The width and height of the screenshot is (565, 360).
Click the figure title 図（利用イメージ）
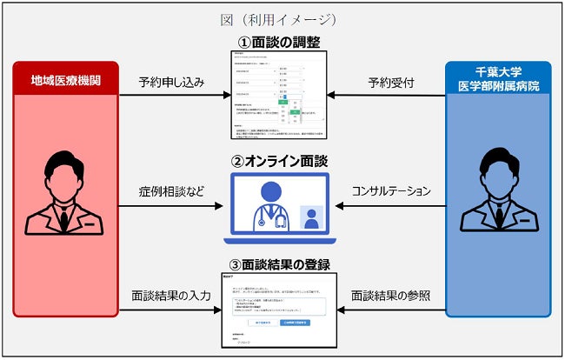pos(280,18)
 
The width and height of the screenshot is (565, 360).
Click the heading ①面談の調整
pos(279,42)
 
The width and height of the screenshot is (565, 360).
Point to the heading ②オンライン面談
pos(279,161)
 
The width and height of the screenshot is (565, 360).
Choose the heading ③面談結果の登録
pos(279,264)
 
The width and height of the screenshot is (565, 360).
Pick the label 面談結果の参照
pos(391,296)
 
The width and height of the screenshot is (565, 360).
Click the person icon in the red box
pos(66,192)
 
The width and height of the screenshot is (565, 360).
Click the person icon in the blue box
pos(498,192)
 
